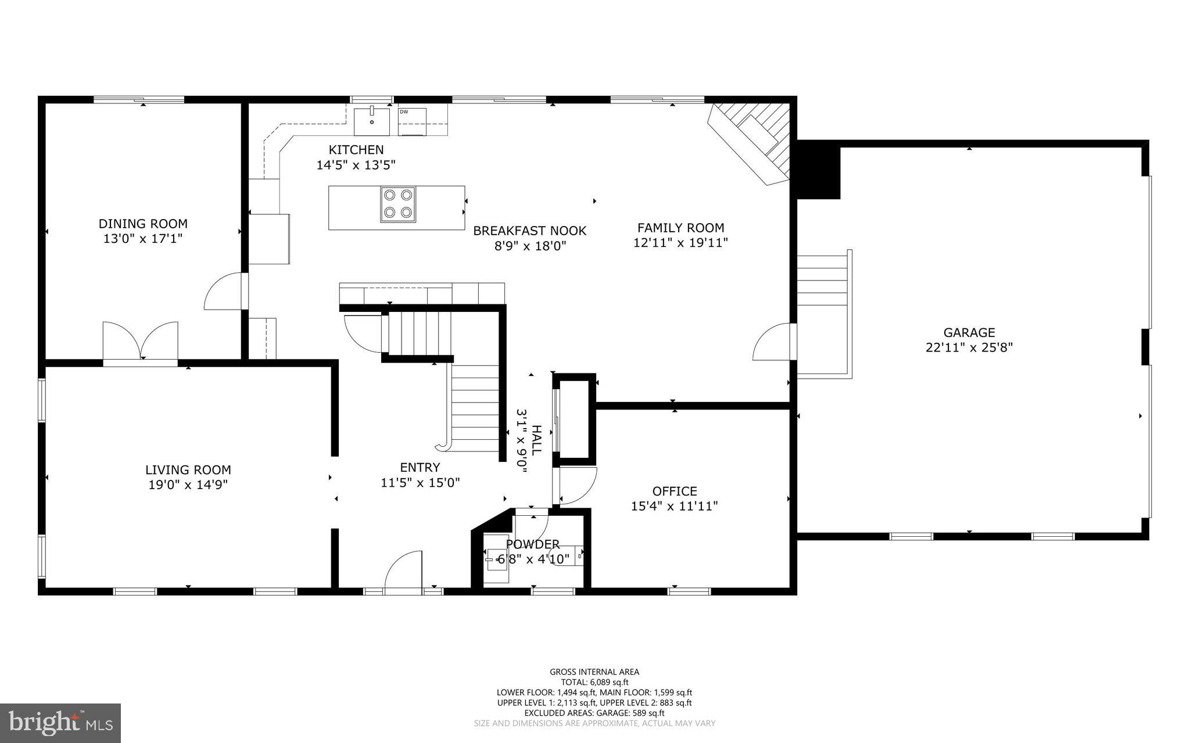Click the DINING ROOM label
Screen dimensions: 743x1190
143,224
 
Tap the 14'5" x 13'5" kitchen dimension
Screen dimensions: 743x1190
356,165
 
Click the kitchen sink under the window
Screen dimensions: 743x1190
372,121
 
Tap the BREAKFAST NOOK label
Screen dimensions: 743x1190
529,231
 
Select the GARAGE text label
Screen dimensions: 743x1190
969,332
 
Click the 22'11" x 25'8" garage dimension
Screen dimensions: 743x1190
969,347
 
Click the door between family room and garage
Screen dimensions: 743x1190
773,343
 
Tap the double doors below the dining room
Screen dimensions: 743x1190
141,341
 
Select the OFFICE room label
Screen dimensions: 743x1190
674,491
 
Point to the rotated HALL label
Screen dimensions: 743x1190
536,440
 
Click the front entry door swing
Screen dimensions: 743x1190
403,572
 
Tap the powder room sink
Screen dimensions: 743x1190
496,560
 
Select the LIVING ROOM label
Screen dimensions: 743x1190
188,469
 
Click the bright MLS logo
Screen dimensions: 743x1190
60,723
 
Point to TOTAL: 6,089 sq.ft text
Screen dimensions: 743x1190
594,682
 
